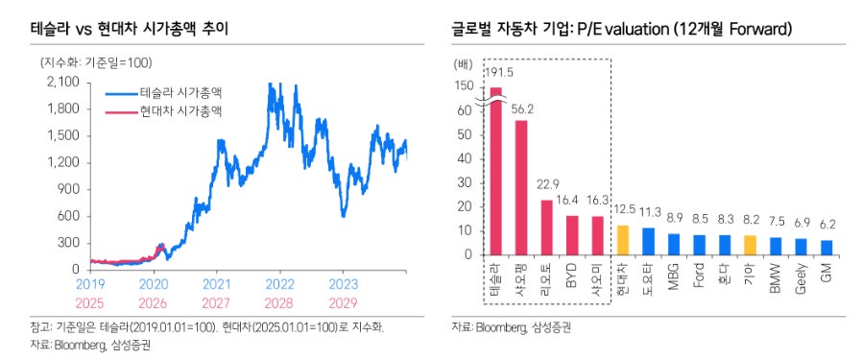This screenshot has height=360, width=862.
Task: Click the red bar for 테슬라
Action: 496,173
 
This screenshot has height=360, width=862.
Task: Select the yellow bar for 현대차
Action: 622,241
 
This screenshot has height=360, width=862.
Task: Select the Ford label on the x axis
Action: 698,277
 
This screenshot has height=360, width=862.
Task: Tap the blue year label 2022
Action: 279,285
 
